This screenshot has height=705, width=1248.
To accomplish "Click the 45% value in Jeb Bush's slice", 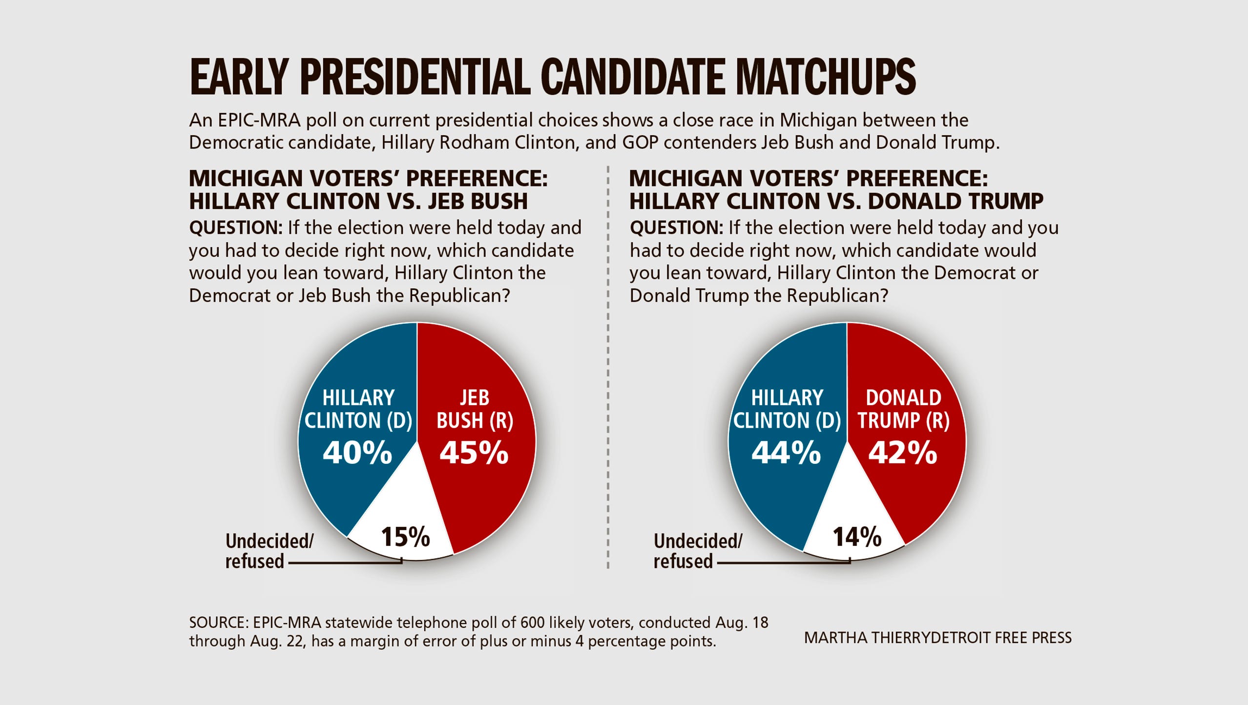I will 474,453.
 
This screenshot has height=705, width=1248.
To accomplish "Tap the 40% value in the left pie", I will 357,453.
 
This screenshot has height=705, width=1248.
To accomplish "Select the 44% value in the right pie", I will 786,453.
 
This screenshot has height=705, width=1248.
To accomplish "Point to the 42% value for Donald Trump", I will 903,453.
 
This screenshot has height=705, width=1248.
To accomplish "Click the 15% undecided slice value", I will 405,537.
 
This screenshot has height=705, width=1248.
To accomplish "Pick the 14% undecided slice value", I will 857,537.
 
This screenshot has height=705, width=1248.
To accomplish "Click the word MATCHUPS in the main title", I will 825,77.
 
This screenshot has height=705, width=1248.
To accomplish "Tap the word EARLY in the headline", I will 239,77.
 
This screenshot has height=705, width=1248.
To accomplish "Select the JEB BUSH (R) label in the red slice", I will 475,409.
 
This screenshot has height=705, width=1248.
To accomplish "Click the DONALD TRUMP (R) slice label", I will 903,409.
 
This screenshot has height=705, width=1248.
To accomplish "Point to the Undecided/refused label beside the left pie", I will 269,551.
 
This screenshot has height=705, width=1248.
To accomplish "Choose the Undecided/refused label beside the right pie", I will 697,551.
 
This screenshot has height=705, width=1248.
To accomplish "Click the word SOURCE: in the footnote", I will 219,623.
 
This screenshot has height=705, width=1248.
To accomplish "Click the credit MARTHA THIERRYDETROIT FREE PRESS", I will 937,638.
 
